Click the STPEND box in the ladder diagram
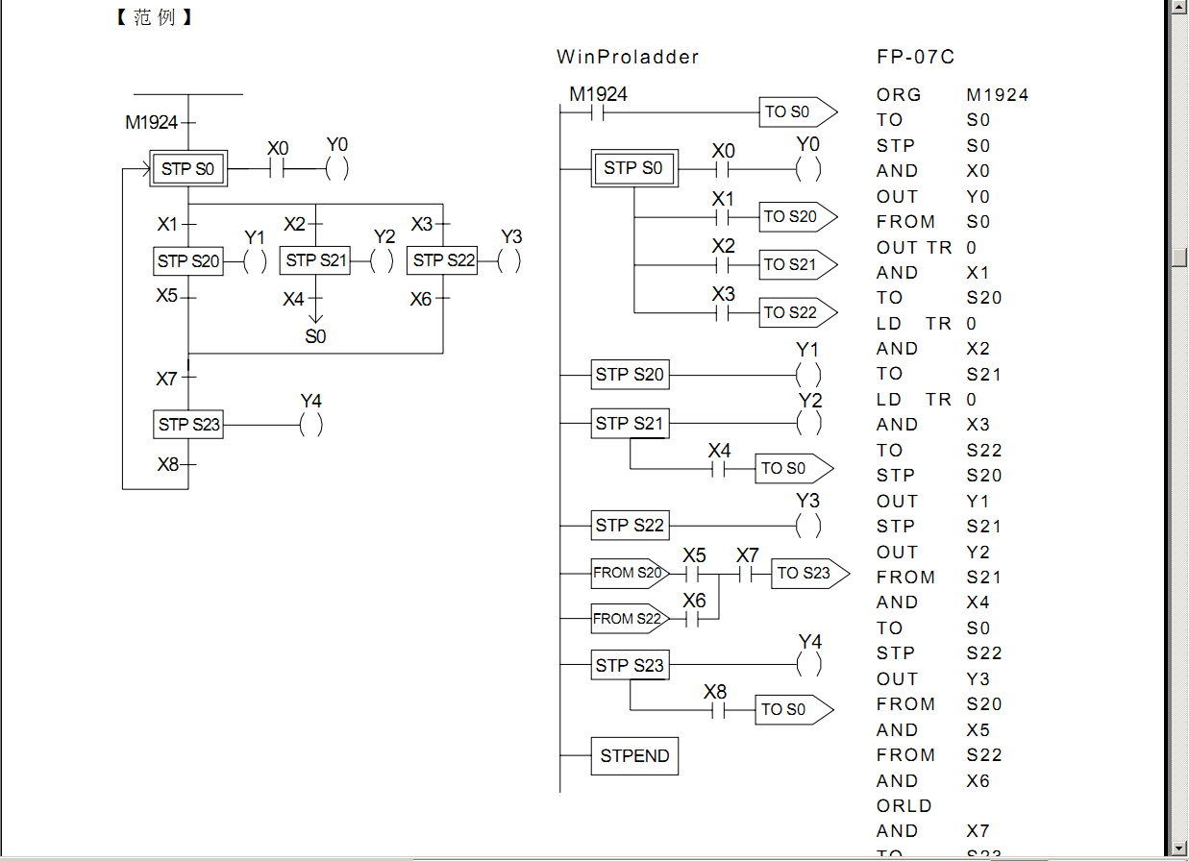coord(634,756)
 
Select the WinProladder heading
coord(628,57)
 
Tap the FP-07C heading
coord(915,57)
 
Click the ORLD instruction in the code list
coord(904,806)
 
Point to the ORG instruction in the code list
coord(899,95)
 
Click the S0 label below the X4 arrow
coord(315,336)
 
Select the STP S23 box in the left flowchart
coord(188,425)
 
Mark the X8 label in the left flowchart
coord(168,465)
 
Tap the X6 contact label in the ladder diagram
coord(694,601)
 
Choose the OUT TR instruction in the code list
coord(913,248)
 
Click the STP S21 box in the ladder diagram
coord(630,424)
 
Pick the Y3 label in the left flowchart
coord(511,236)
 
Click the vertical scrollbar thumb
coord(1179,257)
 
